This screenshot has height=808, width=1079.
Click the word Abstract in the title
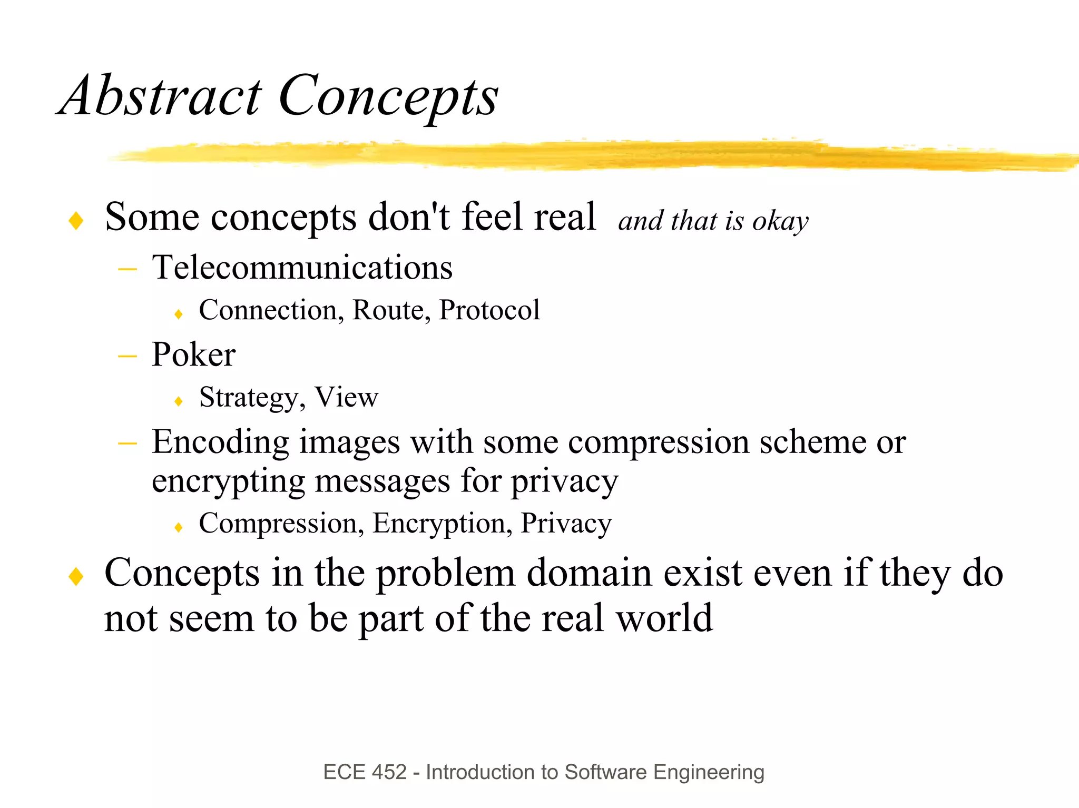pyautogui.click(x=160, y=96)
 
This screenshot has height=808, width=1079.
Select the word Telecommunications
pyautogui.click(x=302, y=267)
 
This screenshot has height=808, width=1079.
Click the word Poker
pyautogui.click(x=193, y=354)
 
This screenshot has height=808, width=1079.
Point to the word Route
pyautogui.click(x=387, y=310)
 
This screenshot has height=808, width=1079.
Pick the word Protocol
pyautogui.click(x=489, y=310)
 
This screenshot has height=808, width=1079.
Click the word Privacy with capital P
pyautogui.click(x=566, y=524)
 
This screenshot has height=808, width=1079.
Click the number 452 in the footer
pyautogui.click(x=389, y=772)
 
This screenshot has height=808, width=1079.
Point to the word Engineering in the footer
pyautogui.click(x=708, y=773)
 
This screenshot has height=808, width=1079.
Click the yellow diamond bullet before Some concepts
pyautogui.click(x=76, y=221)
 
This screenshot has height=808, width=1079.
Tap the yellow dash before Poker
pyautogui.click(x=127, y=356)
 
